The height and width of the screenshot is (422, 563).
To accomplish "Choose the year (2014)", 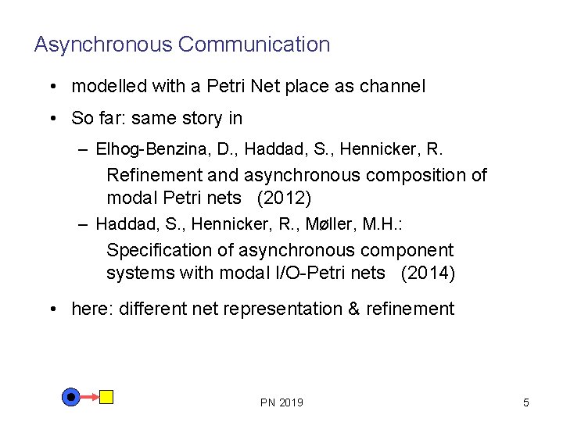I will (428, 273).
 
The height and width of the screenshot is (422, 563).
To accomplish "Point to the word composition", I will (421, 175).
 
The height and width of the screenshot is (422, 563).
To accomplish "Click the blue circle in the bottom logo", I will (71, 397).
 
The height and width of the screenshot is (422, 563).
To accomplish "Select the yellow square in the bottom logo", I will (106, 397).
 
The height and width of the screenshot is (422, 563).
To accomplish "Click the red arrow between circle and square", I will (90, 397).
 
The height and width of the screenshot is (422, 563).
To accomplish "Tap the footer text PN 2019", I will (281, 402).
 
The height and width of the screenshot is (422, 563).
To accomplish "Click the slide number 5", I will (525, 402).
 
